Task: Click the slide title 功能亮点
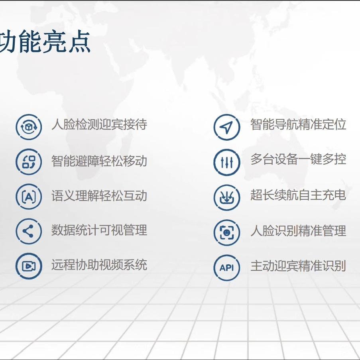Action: pyautogui.click(x=45, y=41)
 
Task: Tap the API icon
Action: pyautogui.click(x=226, y=268)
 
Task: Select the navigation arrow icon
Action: pyautogui.click(x=226, y=127)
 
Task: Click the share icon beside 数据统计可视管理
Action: pyautogui.click(x=29, y=231)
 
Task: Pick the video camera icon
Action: pyautogui.click(x=29, y=266)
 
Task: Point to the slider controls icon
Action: pyautogui.click(x=226, y=162)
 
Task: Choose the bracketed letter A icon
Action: pyautogui.click(x=29, y=197)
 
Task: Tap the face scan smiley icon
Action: pyautogui.click(x=226, y=232)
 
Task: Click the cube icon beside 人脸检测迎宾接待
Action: pyautogui.click(x=29, y=127)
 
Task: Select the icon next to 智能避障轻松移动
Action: pyautogui.click(x=29, y=161)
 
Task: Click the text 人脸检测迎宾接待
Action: pyautogui.click(x=99, y=124)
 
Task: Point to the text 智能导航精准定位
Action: pyautogui.click(x=298, y=124)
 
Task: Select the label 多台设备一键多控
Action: pyautogui.click(x=298, y=159)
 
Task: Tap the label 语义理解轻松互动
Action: pyautogui.click(x=99, y=196)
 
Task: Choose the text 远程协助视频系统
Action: pyautogui.click(x=99, y=265)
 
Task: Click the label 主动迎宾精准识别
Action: pyautogui.click(x=298, y=266)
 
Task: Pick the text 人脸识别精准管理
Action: pyautogui.click(x=298, y=231)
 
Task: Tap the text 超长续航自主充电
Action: pyautogui.click(x=298, y=195)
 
